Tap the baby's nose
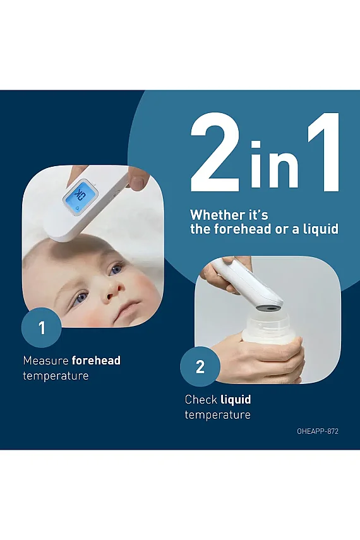[x=112, y=291]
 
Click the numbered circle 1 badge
[x=42, y=328]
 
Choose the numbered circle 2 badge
[x=200, y=366]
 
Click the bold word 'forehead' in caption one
[x=96, y=361]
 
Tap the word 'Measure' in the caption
[x=46, y=361]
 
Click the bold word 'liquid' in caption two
[x=236, y=400]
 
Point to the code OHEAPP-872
[x=318, y=431]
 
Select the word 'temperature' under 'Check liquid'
[x=218, y=415]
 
